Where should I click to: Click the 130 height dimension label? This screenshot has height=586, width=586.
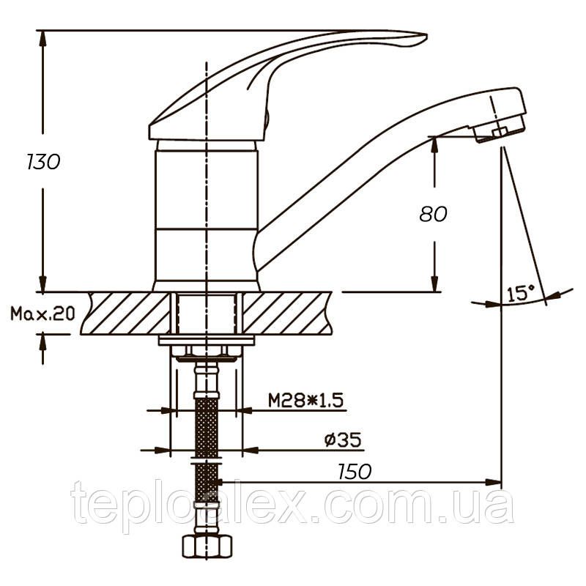[x=43, y=162]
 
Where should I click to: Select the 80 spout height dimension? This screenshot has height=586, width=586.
[x=433, y=214]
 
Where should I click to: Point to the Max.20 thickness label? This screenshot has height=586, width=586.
[x=42, y=314]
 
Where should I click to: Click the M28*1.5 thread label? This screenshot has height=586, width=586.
[x=305, y=400]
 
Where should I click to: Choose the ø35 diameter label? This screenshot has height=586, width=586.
[x=343, y=439]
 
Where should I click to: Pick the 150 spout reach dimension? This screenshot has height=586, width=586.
[x=355, y=472]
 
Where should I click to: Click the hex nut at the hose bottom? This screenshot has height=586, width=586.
[x=207, y=547]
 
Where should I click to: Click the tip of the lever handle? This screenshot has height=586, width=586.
[x=426, y=36]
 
